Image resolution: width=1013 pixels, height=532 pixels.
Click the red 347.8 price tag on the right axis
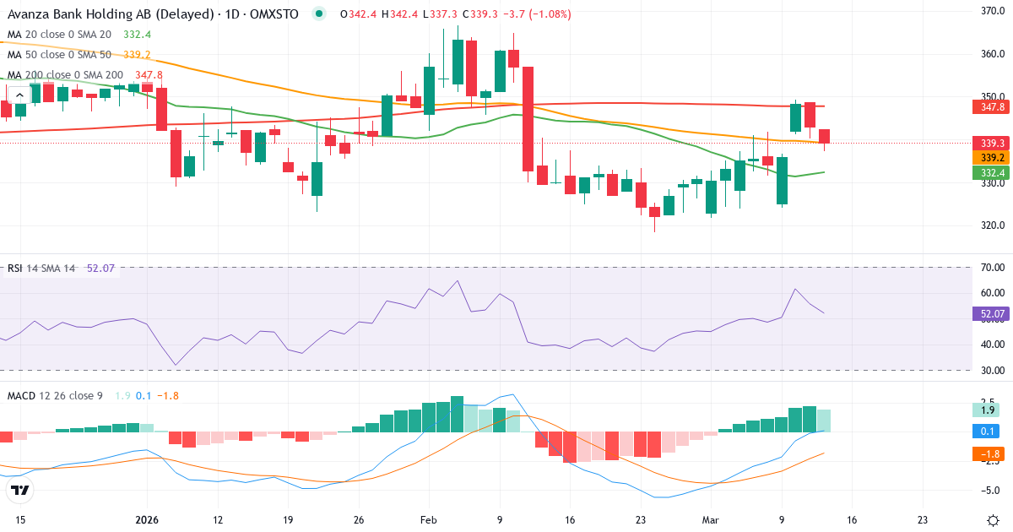(x=989, y=107)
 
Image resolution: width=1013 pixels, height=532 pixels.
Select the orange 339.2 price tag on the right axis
(x=989, y=158)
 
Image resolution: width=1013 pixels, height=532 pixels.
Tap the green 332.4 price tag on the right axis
(x=989, y=173)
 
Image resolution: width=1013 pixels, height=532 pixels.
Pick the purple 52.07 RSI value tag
(x=991, y=314)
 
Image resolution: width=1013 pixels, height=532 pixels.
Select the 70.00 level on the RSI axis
(x=991, y=268)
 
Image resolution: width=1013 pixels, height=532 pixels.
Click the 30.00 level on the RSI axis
(x=991, y=371)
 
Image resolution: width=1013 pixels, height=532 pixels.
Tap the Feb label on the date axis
(x=429, y=520)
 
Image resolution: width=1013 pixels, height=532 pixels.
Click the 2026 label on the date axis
(x=147, y=520)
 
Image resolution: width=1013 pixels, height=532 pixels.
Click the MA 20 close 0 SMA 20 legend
(x=59, y=35)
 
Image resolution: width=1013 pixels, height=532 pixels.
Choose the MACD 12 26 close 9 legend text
(x=55, y=395)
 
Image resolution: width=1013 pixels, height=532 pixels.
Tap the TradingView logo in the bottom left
(x=19, y=490)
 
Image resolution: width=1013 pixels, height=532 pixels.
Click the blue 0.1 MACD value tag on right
(x=987, y=432)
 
